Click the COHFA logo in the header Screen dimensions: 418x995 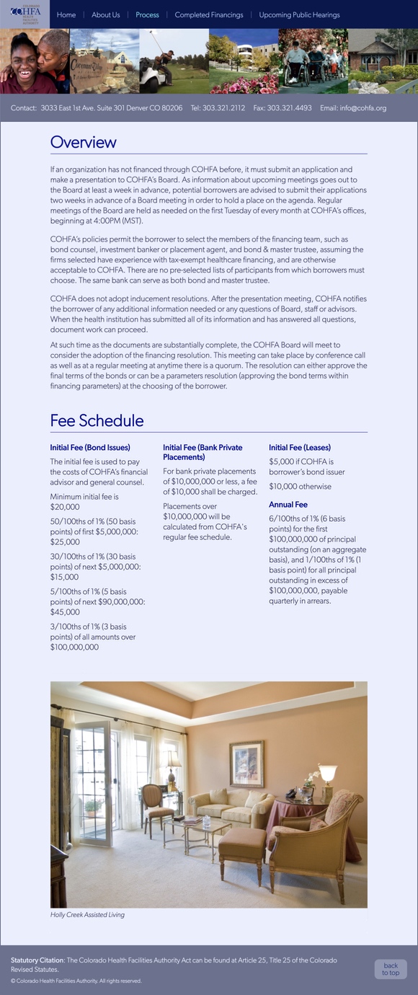click(25, 14)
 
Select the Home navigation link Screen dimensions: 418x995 click(66, 15)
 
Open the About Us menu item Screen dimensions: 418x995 click(106, 15)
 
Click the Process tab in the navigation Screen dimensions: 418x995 click(147, 15)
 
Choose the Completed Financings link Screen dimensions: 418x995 click(209, 15)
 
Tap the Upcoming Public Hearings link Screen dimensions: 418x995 click(299, 15)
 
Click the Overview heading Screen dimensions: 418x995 click(84, 142)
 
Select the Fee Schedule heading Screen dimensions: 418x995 click(97, 421)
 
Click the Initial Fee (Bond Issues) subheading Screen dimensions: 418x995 click(90, 448)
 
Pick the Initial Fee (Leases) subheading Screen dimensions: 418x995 click(300, 448)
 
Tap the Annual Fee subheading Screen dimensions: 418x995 click(288, 505)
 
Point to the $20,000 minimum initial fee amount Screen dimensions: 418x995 click(65, 507)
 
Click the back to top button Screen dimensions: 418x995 click(391, 969)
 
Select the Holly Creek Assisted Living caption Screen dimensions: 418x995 click(87, 915)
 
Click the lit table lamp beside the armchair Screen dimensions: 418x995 click(328, 774)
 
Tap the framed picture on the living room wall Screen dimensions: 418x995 click(246, 764)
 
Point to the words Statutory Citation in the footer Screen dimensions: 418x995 click(37, 960)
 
